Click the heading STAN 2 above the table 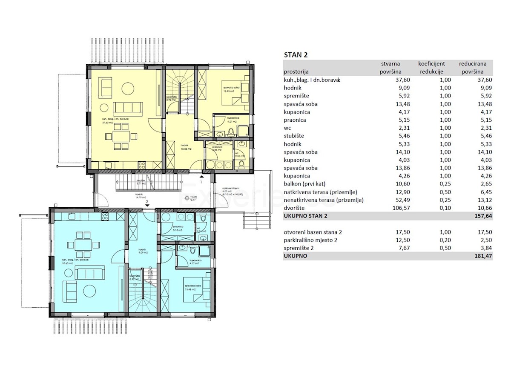click(296, 55)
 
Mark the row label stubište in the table click(294, 136)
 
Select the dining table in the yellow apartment click(123, 136)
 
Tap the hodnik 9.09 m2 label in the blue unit click(142, 252)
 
